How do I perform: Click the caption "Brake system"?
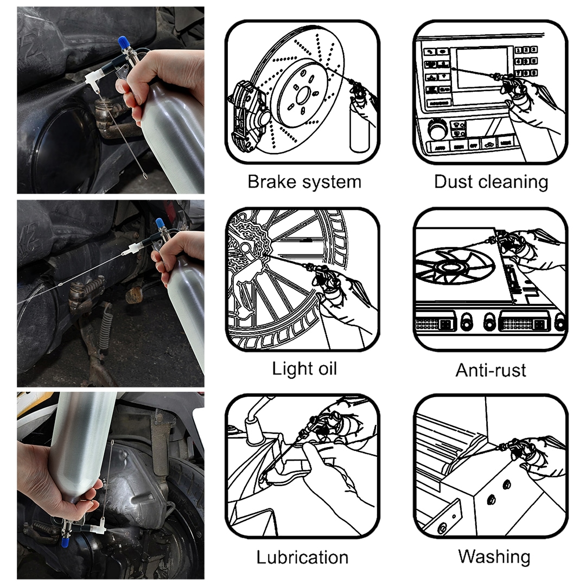coord(304,182)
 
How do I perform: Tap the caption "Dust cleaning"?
coord(491,182)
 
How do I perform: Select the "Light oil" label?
coord(304,368)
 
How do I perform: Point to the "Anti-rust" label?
coord(491,371)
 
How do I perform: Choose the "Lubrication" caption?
coord(302,557)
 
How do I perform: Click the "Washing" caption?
coord(494,557)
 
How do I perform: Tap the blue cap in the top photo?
coord(122,42)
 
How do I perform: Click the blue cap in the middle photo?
coord(160,224)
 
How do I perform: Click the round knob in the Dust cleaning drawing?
coord(438,129)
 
